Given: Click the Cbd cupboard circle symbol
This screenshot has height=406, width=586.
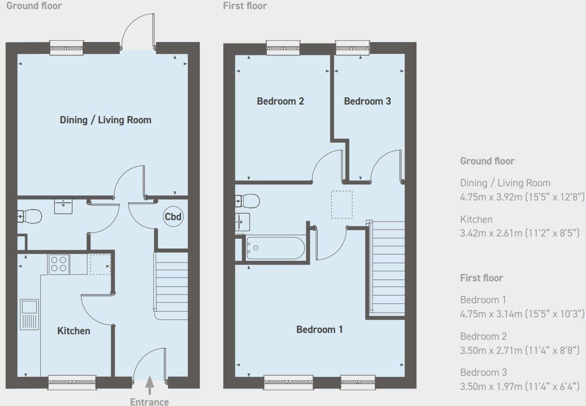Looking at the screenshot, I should [173, 217].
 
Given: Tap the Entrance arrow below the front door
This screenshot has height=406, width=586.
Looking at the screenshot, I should [149, 387].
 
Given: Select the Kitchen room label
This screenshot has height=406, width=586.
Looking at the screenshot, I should [74, 331].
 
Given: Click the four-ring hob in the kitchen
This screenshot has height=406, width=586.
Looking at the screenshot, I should [59, 264].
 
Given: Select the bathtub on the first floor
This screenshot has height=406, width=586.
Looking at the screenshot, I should [275, 248].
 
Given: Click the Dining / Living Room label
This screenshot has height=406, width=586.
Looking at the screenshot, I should [106, 120].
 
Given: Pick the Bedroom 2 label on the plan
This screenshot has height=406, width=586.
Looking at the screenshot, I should [280, 101].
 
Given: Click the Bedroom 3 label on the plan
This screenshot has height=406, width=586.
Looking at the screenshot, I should [368, 101].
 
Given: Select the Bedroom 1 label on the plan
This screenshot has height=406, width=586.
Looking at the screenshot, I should [320, 329].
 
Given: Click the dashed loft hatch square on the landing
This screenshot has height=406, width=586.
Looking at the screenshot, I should [342, 204].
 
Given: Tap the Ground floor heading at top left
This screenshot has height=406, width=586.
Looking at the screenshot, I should [34, 6].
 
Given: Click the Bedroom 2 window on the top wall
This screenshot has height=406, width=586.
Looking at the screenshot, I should [282, 47].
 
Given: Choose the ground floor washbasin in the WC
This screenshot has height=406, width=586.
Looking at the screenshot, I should [64, 206].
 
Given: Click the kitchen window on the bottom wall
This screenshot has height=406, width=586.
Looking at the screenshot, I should [72, 382].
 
